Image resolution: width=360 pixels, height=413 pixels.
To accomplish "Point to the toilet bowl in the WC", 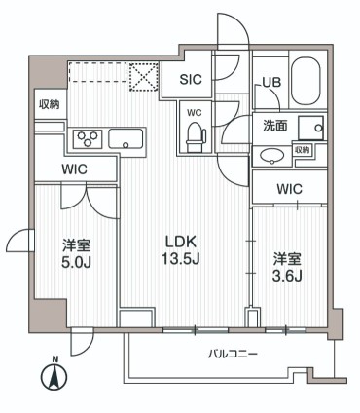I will [194, 131].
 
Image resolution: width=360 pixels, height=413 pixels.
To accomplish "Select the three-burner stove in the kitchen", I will [86, 138].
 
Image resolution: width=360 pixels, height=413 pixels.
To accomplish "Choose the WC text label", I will [193, 110].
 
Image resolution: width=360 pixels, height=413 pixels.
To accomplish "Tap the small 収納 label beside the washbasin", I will [303, 150].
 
